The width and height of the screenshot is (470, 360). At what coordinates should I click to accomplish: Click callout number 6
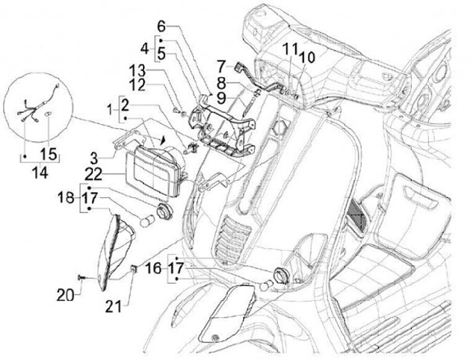pos(161,27)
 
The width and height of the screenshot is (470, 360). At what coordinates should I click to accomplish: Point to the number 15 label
pos(48,154)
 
